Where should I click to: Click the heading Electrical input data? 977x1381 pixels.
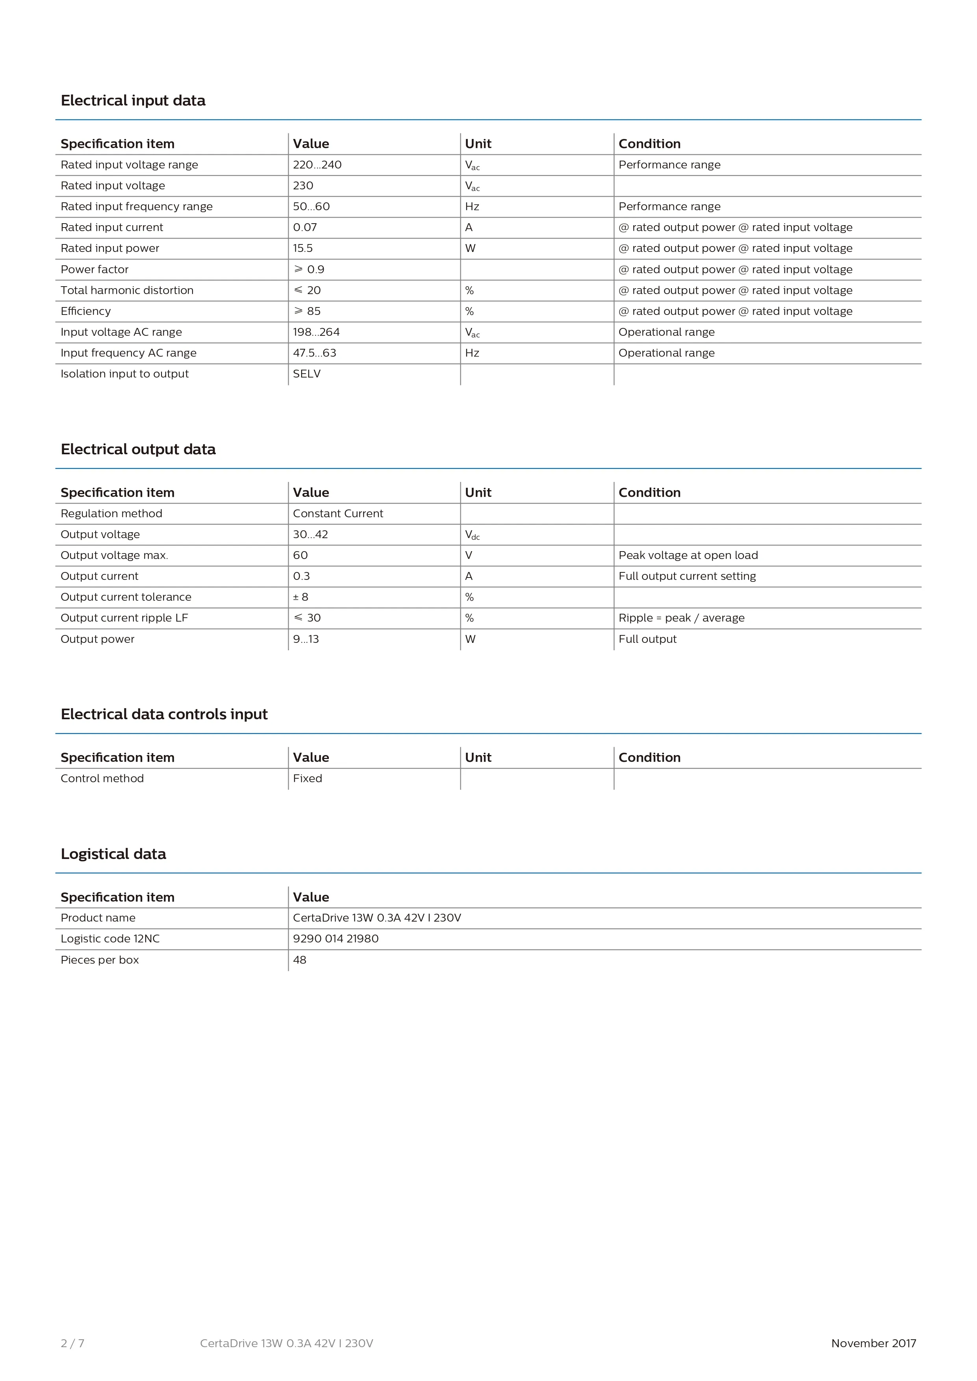click(x=133, y=100)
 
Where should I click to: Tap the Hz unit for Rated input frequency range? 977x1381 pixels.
click(x=472, y=206)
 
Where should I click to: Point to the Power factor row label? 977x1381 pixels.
click(x=95, y=269)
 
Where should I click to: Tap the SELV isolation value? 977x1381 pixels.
click(x=306, y=374)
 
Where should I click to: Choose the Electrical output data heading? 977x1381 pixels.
click(x=138, y=449)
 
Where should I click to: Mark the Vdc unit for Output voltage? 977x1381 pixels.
click(x=472, y=535)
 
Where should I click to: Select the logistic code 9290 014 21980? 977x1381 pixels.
click(x=336, y=939)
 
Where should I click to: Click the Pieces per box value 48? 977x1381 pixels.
click(x=300, y=960)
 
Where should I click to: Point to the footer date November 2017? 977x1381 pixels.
click(x=873, y=1343)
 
